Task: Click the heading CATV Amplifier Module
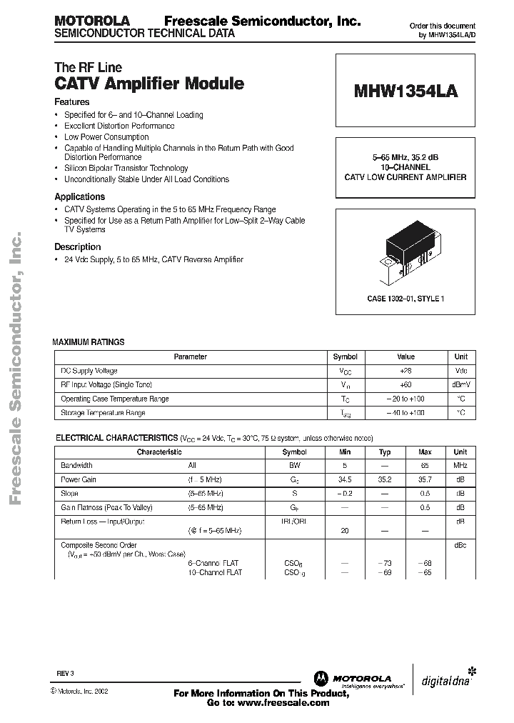[149, 84]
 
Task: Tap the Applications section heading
[80, 196]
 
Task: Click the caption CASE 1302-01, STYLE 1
[405, 299]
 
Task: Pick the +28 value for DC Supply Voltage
[405, 371]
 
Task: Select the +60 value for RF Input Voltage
[405, 385]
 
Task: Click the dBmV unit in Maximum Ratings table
[461, 385]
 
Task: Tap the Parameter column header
[191, 356]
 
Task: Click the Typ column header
[385, 452]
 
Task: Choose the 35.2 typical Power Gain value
[385, 480]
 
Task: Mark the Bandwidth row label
[77, 466]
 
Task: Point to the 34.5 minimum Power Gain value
[346, 480]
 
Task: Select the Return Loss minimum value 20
[346, 532]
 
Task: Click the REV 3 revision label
[65, 673]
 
